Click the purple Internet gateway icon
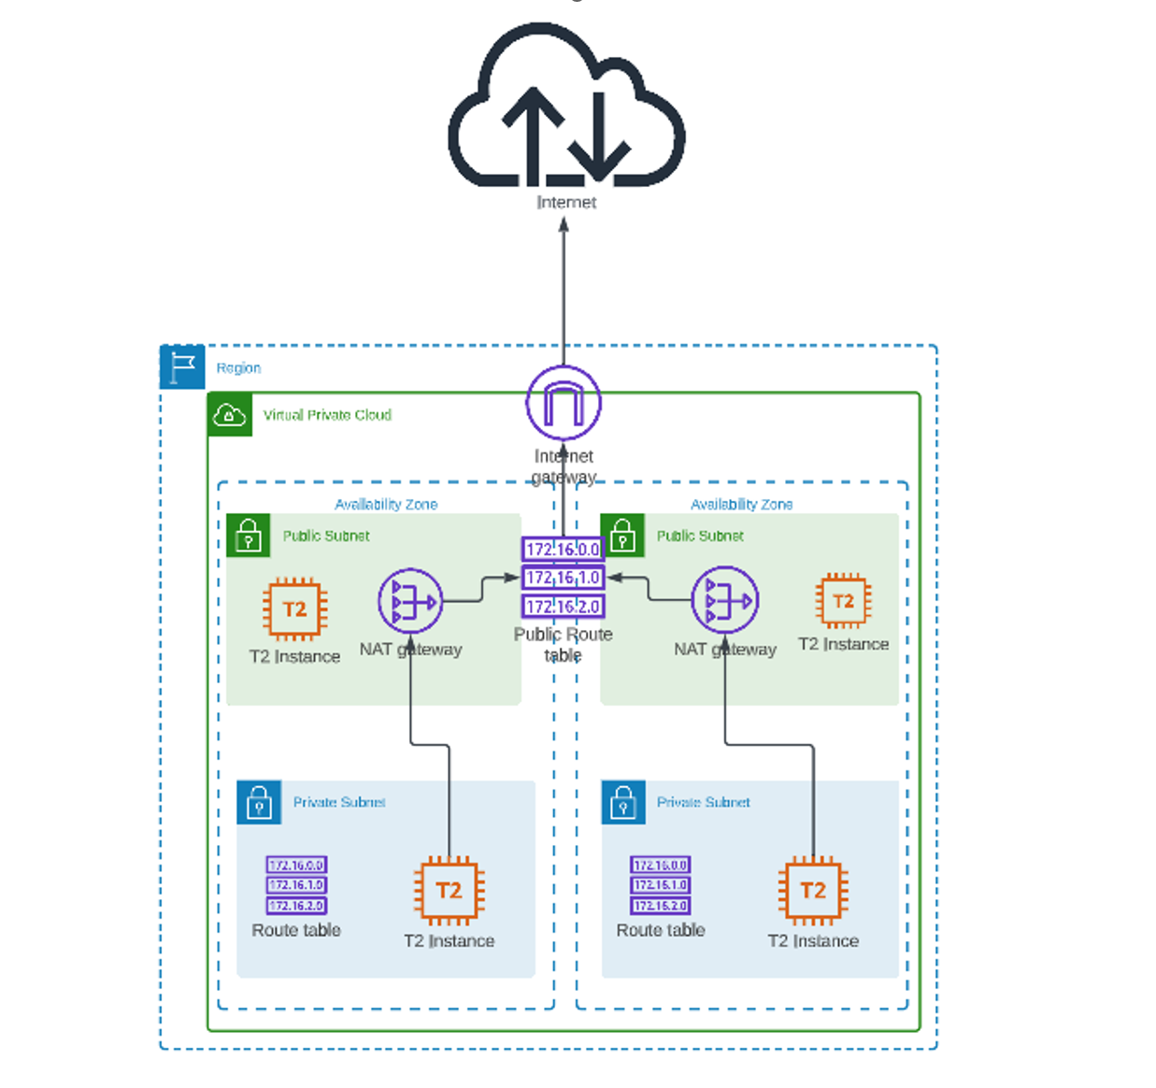pyautogui.click(x=564, y=403)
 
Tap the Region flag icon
pyautogui.click(x=182, y=366)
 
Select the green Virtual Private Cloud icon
pyautogui.click(x=230, y=414)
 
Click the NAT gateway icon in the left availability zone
pyautogui.click(x=411, y=601)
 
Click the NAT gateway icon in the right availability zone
pyautogui.click(x=725, y=600)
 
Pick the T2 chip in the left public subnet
pyautogui.click(x=294, y=609)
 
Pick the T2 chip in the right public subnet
pyautogui.click(x=843, y=601)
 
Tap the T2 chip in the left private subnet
pyautogui.click(x=450, y=891)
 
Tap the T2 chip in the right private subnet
pyautogui.click(x=813, y=891)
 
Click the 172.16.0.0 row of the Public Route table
pyautogui.click(x=563, y=550)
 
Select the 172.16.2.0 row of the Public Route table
pyautogui.click(x=563, y=607)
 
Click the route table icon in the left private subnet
pyautogui.click(x=296, y=885)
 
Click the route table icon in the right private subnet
pyautogui.click(x=660, y=885)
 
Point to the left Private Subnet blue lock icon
pyautogui.click(x=259, y=803)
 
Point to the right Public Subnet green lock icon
pyautogui.click(x=622, y=536)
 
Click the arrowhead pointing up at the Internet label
pyautogui.click(x=564, y=224)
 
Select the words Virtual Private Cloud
pyautogui.click(x=327, y=415)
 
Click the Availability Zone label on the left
pyautogui.click(x=386, y=505)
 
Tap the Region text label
pyautogui.click(x=238, y=368)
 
